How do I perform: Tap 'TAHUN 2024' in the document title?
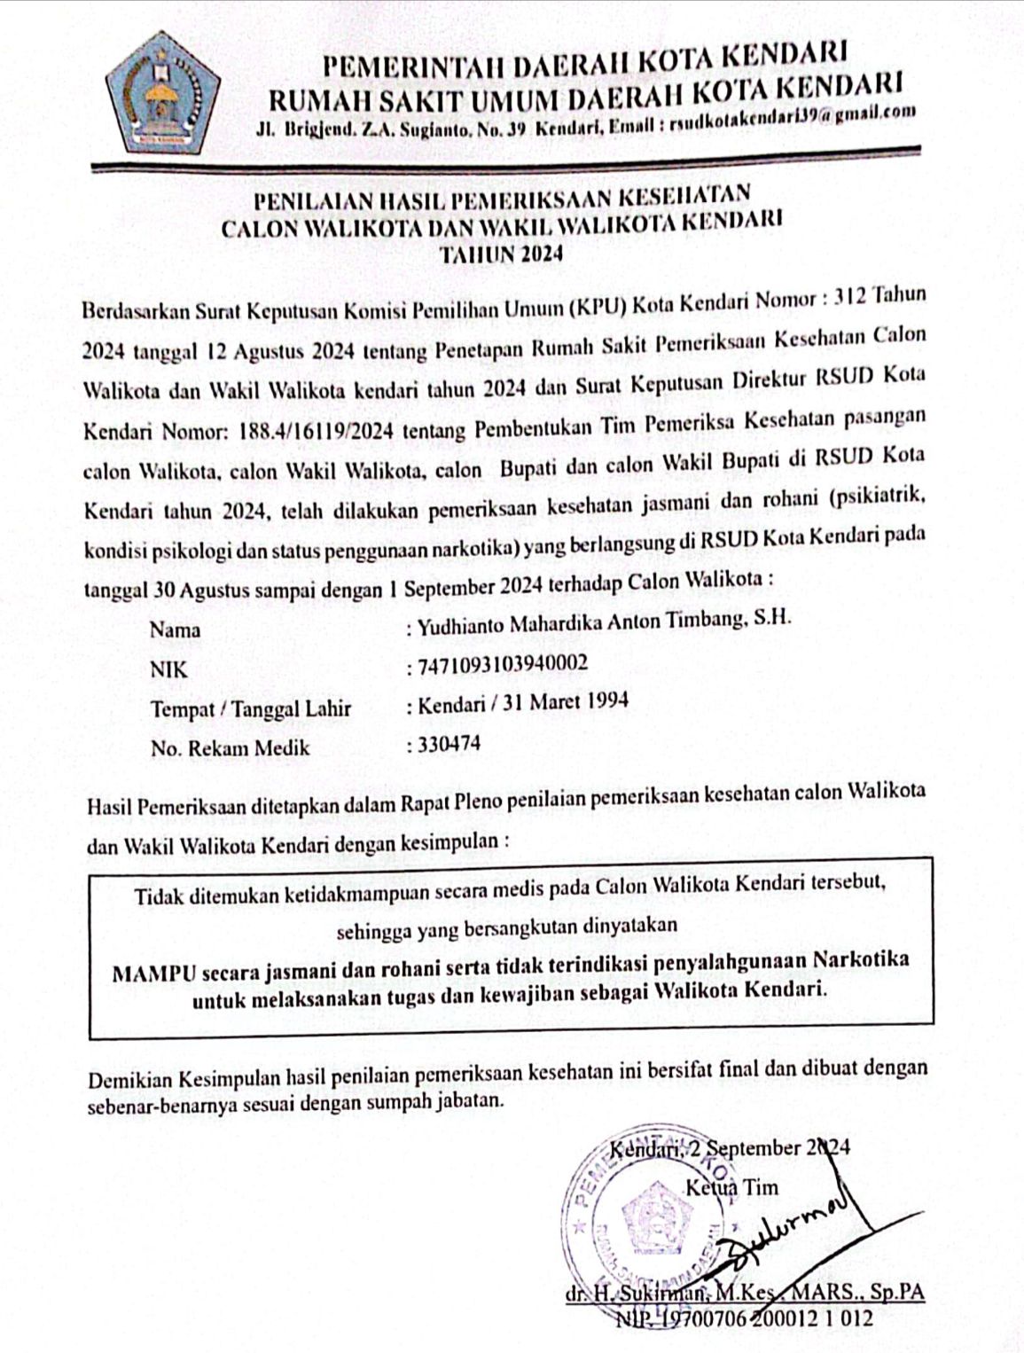[502, 254]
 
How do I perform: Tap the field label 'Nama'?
[175, 630]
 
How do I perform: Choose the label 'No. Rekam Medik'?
[231, 748]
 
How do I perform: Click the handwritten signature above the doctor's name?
[780, 1232]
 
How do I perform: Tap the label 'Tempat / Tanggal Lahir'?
[251, 709]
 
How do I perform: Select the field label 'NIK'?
[169, 669]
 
